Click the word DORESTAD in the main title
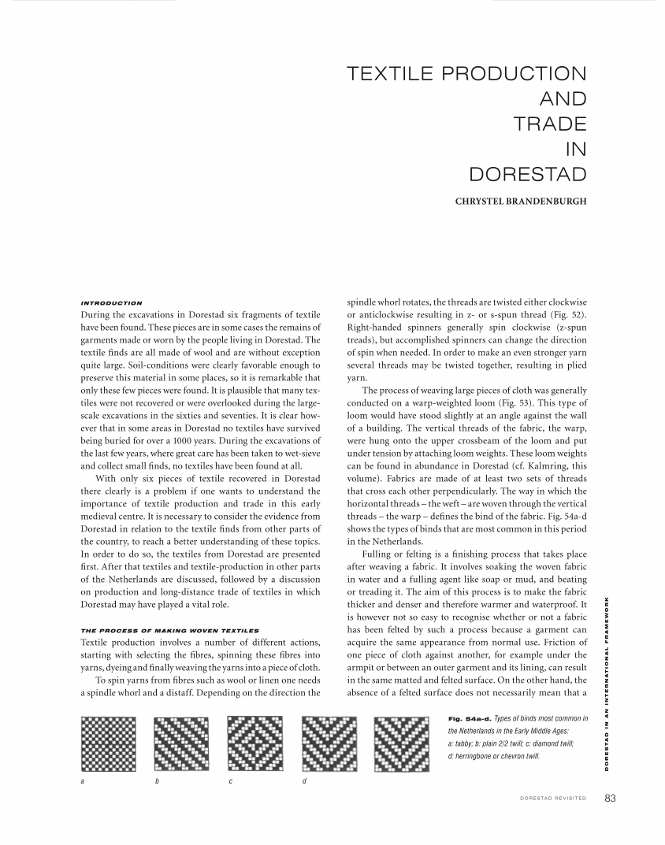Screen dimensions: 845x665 [x=527, y=173]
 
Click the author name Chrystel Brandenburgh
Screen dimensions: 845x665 [x=521, y=201]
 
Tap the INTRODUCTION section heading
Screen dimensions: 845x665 [x=111, y=303]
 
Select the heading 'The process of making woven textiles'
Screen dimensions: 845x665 [x=169, y=631]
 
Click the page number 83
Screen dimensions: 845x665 [x=610, y=798]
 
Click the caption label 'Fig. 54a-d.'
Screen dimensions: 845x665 [x=469, y=719]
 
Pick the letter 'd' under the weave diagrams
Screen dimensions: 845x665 [x=304, y=780]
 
